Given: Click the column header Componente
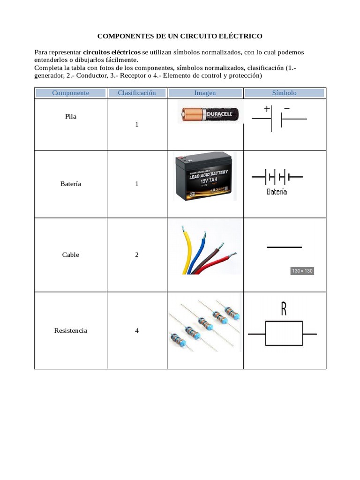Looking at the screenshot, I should tap(70, 93).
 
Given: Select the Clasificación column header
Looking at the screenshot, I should tap(137, 93).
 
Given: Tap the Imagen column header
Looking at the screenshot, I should tap(205, 93).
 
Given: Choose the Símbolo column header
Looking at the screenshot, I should tap(285, 93).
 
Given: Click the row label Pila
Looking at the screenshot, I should tap(71, 116).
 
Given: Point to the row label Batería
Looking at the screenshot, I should tap(71, 184).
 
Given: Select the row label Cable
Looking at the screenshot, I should tap(71, 255).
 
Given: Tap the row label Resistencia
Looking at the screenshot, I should tap(71, 330).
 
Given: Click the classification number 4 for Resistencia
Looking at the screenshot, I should tap(137, 330).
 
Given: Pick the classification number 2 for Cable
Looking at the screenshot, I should tap(137, 255).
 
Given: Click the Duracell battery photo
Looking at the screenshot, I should tap(211, 114).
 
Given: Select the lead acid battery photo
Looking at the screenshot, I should tap(204, 177).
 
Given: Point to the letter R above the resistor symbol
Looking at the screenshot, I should tap(284, 308).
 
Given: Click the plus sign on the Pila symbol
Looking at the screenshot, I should tap(267, 109).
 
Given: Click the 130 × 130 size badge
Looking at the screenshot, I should tap(302, 271).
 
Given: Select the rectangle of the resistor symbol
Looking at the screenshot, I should tap(284, 334).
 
